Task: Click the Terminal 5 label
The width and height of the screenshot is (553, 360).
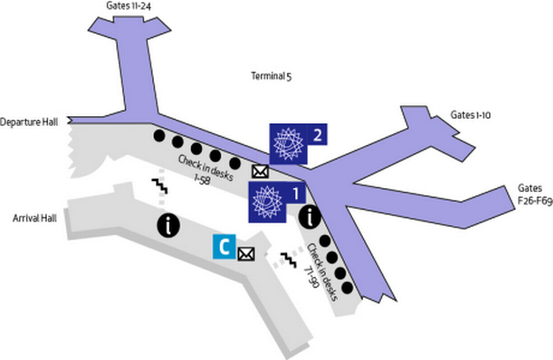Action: pos(271,76)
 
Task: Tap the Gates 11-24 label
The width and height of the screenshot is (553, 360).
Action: pos(129,6)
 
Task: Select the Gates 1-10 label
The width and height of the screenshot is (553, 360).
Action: pos(470,115)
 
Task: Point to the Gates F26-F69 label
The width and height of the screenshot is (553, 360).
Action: pos(535,194)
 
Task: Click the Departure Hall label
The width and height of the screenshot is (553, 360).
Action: pos(29,122)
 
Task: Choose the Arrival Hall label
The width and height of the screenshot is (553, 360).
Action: pos(34,219)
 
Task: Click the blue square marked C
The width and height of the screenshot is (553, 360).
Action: pos(224,247)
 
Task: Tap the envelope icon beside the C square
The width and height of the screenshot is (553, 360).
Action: pos(246,254)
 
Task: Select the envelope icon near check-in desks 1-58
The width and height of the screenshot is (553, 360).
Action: pos(260,172)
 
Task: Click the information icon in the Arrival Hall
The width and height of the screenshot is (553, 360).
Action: pos(168,225)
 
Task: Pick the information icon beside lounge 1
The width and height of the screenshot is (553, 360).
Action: pos(310,217)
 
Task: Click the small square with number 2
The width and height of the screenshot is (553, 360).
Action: pos(317,134)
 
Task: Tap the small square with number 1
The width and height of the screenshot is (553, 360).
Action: pos(295,193)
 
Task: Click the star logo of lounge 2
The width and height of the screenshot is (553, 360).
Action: pos(288,144)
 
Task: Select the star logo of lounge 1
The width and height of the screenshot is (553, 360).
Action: pos(267,202)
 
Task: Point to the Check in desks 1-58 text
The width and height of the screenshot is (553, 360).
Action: pos(205,170)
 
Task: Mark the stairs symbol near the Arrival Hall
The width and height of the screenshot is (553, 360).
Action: pos(159,185)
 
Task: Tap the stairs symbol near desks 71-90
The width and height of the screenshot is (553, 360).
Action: pos(289,260)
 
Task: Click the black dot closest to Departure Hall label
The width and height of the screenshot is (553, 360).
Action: pos(159,136)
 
